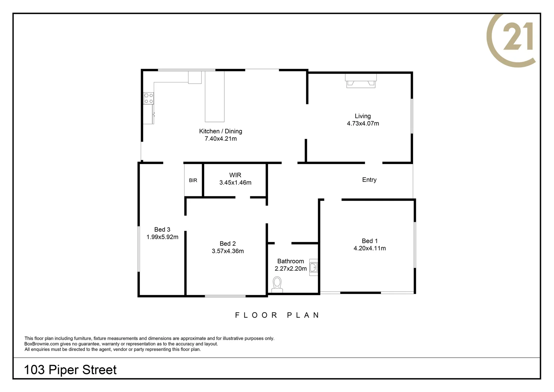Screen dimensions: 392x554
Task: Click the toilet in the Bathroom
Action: [277, 284]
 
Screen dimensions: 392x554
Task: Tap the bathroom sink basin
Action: [314, 268]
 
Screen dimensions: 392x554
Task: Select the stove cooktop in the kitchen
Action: [149, 98]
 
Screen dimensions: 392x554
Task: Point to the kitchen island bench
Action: [215, 97]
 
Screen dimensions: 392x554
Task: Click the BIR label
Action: [193, 180]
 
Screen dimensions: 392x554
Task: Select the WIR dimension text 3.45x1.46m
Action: [235, 183]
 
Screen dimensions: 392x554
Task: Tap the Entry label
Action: [369, 180]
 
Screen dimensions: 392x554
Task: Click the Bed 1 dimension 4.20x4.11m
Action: [369, 248]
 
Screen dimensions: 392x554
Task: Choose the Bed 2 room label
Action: [228, 244]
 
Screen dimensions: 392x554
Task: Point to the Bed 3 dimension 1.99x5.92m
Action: [162, 237]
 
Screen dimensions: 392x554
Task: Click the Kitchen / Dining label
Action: [220, 131]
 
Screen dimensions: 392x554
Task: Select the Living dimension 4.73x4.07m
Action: [363, 123]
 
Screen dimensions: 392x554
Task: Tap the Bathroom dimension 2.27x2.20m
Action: [290, 269]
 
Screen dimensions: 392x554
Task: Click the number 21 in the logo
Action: [518, 36]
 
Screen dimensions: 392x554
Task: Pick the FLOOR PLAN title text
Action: [277, 315]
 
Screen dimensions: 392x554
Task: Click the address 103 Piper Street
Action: [70, 369]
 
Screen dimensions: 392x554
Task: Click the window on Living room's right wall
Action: [412, 116]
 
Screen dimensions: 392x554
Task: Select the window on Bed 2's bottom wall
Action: [225, 296]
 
